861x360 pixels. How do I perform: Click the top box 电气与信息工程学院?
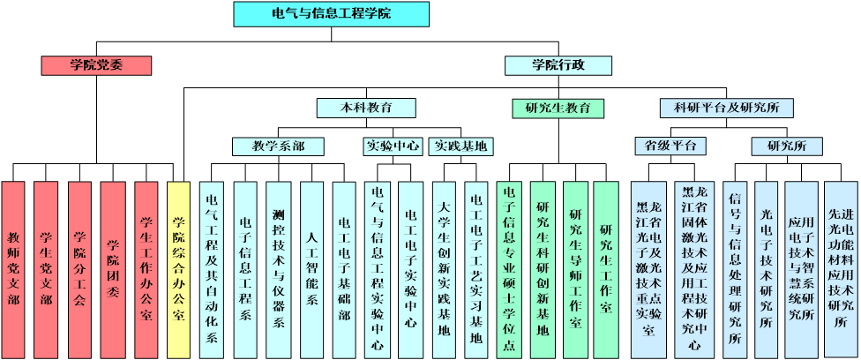[x=331, y=14]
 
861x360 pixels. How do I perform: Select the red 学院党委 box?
[x=96, y=65]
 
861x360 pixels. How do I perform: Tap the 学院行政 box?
[x=558, y=65]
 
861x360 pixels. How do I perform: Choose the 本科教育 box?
[x=366, y=108]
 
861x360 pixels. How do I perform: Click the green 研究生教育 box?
[x=558, y=108]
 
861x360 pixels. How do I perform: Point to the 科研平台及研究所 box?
[x=726, y=108]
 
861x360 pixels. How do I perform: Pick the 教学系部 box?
[x=278, y=146]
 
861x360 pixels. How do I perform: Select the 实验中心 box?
[x=393, y=146]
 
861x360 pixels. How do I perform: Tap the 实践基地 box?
[x=460, y=146]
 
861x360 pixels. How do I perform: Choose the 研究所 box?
[x=787, y=146]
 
